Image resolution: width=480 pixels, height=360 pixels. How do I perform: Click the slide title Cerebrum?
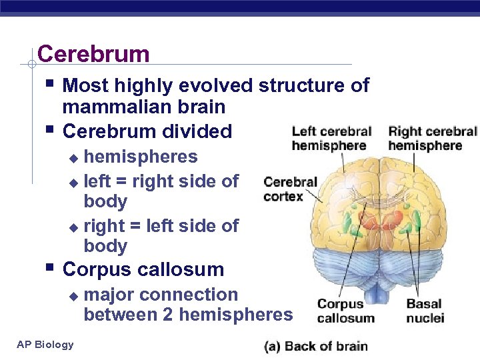(93, 53)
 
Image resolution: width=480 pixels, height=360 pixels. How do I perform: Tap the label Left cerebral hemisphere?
(331, 138)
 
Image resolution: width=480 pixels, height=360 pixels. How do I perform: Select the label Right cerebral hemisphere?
(433, 138)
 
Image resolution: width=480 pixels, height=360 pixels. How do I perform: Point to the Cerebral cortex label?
(290, 189)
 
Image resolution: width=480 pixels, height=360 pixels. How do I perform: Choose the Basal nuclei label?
(425, 311)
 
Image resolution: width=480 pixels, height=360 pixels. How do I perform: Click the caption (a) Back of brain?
(315, 345)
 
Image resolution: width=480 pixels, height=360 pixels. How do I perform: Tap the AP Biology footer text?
(45, 344)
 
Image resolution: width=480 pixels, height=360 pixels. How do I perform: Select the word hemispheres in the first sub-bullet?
(141, 157)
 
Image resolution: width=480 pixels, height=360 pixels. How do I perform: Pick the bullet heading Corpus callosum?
(143, 269)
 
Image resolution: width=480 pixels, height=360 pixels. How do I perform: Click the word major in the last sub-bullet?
(110, 295)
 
